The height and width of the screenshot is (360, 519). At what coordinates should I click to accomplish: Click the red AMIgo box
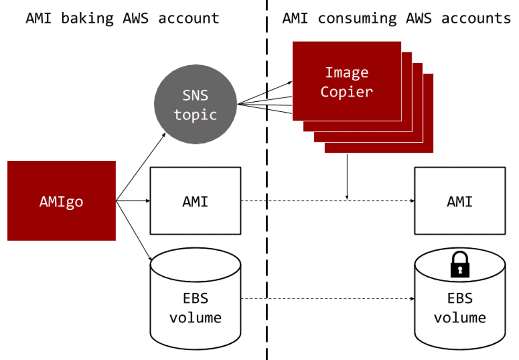click(x=62, y=201)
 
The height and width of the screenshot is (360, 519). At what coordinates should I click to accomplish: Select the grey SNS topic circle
click(x=195, y=105)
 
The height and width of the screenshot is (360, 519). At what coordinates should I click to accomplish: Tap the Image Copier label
click(x=347, y=82)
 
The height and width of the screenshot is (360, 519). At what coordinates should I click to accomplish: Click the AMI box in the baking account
click(x=195, y=201)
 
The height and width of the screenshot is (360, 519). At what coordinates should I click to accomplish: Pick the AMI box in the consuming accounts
click(x=460, y=201)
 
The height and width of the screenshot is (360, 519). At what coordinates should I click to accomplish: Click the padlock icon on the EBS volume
click(x=460, y=265)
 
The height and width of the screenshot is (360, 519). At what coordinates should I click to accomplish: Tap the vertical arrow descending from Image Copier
click(x=347, y=176)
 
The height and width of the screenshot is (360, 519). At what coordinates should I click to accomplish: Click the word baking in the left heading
click(x=87, y=18)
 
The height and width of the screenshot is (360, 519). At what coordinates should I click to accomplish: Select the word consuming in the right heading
click(x=357, y=18)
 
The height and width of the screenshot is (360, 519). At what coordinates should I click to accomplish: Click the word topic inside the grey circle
click(x=195, y=114)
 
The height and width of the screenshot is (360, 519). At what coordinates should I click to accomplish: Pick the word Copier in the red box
click(x=347, y=91)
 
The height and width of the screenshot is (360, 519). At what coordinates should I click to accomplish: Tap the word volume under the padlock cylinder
click(x=460, y=317)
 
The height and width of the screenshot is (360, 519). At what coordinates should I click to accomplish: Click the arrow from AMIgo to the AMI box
click(x=133, y=201)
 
